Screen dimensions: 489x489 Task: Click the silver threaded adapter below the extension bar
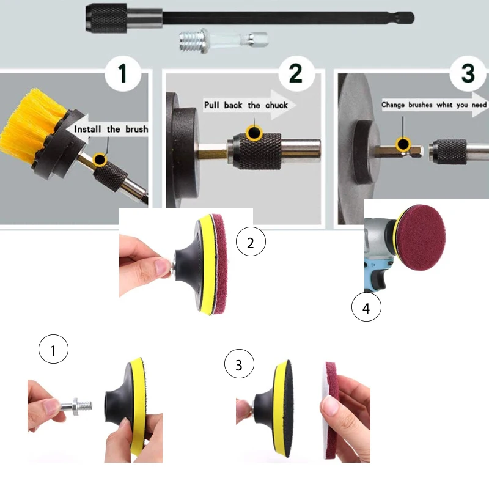click(223, 40)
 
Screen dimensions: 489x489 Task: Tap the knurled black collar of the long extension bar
click(106, 18)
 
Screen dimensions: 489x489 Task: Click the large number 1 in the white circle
click(123, 73)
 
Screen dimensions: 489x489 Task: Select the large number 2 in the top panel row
click(296, 73)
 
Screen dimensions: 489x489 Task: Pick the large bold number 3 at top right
click(468, 73)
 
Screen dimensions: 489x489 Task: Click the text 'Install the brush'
click(111, 129)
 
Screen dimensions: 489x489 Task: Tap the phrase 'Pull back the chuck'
click(246, 105)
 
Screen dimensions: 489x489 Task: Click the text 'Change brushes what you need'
click(434, 105)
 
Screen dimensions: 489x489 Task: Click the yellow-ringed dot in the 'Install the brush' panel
click(100, 160)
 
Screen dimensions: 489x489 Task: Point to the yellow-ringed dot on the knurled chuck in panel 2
click(254, 133)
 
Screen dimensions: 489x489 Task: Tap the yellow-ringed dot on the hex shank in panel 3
click(403, 145)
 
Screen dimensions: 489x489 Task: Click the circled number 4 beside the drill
click(366, 307)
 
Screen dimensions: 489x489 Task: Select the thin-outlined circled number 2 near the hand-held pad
click(251, 241)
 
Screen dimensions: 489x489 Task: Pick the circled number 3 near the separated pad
click(239, 364)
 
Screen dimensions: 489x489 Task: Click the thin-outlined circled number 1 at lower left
click(53, 349)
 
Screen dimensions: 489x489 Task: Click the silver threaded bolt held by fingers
click(76, 406)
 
